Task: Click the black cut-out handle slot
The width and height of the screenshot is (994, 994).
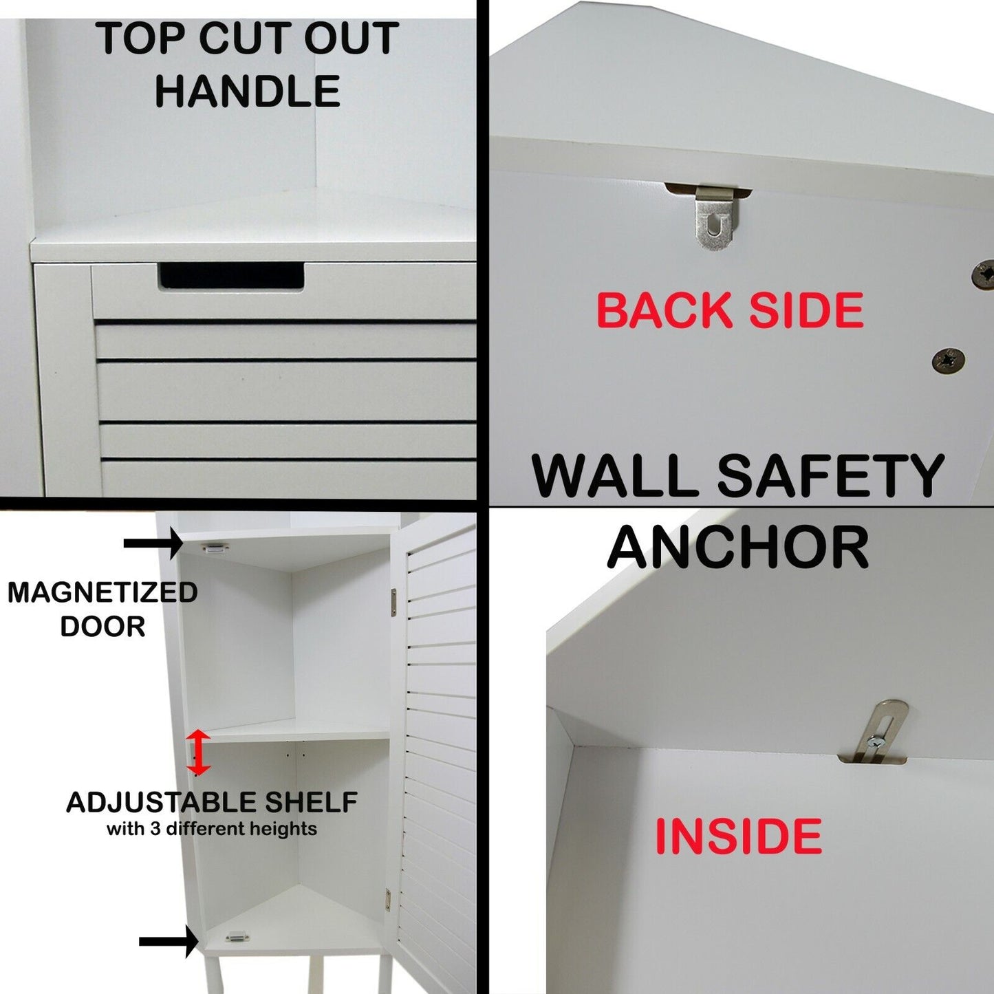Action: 232,275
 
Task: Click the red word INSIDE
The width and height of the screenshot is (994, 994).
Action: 739,836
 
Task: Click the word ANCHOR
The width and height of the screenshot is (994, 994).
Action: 739,548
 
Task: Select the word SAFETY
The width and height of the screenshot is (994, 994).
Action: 830,475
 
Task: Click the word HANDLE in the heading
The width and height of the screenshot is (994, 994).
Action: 248,91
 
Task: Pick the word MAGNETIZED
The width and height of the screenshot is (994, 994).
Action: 102,592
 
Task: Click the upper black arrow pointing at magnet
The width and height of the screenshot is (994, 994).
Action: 153,543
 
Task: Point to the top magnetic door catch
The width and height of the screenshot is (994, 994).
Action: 216,549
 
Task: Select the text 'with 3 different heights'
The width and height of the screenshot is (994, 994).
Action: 212,829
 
